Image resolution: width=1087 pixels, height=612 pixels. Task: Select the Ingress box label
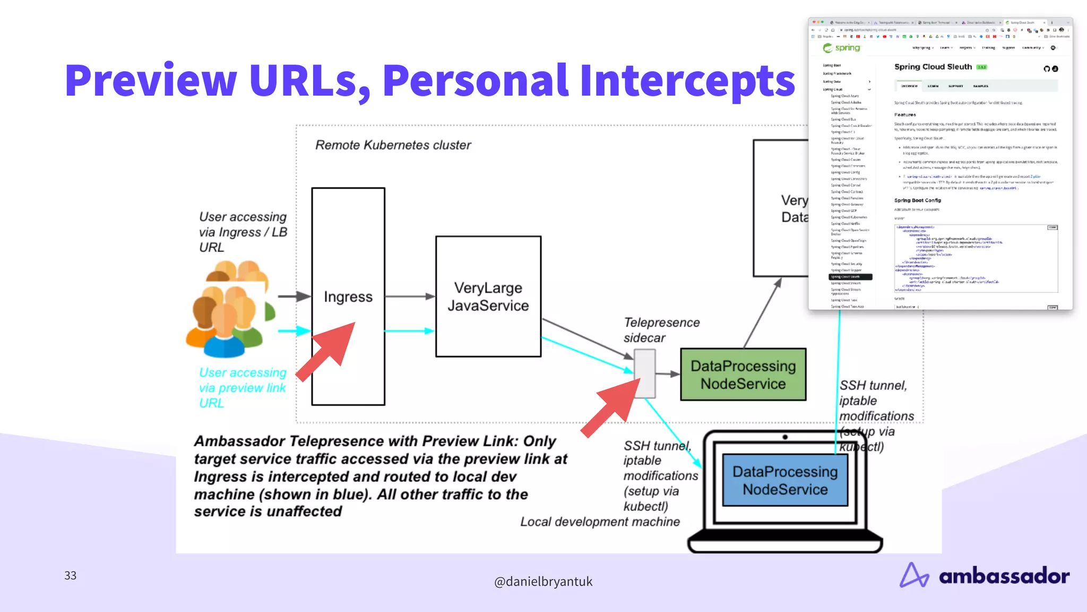point(348,296)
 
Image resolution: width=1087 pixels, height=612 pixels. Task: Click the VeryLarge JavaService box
point(488,296)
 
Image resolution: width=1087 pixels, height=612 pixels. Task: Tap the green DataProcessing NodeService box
point(743,375)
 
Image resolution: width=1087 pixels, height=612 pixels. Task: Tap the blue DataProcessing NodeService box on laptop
point(785,480)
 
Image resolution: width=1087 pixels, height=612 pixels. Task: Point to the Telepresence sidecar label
point(661,330)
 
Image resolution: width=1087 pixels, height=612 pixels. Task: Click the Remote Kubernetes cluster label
point(393,145)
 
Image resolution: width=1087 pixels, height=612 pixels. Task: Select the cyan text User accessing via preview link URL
point(242,388)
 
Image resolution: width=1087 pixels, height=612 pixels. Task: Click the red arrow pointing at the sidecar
point(613,406)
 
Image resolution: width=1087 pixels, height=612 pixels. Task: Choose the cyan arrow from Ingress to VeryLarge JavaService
point(409,331)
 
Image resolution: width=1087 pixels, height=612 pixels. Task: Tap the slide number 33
point(70,575)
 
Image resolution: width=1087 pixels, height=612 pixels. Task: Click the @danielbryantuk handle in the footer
point(543,582)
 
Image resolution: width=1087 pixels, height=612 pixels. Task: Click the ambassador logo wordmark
point(1003,576)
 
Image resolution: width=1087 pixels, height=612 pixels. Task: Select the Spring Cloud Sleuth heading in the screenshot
point(933,67)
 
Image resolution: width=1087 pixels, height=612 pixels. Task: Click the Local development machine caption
point(600,522)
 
